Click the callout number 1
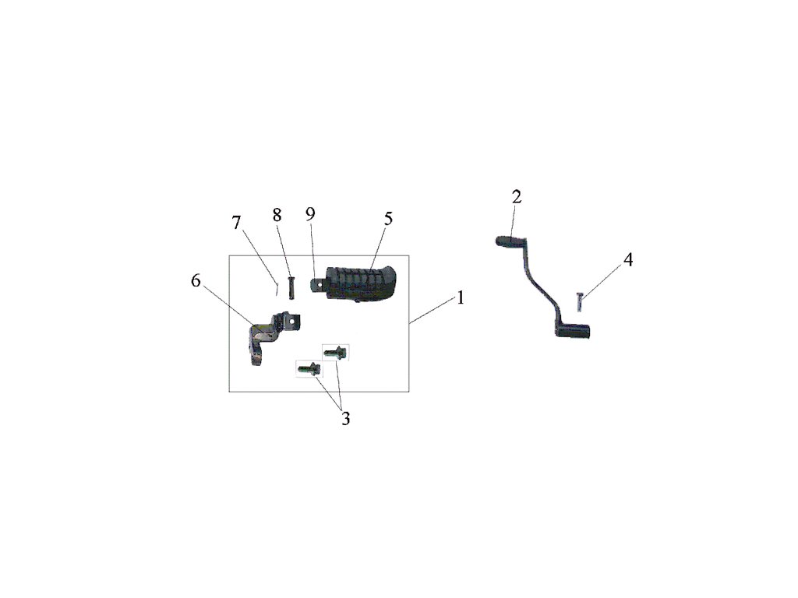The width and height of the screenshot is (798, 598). click(461, 298)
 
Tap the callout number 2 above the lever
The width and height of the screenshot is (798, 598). click(516, 196)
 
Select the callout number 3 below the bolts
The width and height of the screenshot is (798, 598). click(345, 419)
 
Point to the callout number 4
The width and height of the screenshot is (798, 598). click(627, 260)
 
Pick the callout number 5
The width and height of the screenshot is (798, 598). click(387, 219)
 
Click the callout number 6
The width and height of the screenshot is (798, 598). click(196, 281)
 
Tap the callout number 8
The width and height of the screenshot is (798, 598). click(277, 216)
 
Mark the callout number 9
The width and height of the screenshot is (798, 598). click(309, 214)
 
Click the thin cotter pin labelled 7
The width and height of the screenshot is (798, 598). click(277, 289)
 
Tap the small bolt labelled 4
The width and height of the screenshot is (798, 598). click(578, 300)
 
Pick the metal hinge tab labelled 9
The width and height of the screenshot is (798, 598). click(318, 284)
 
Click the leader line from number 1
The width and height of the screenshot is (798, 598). click(433, 311)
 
